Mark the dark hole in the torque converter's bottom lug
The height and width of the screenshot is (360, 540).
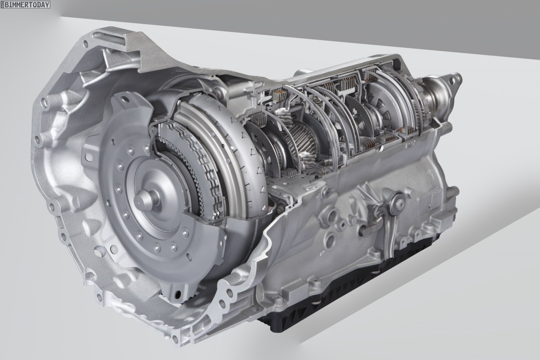(178, 294)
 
